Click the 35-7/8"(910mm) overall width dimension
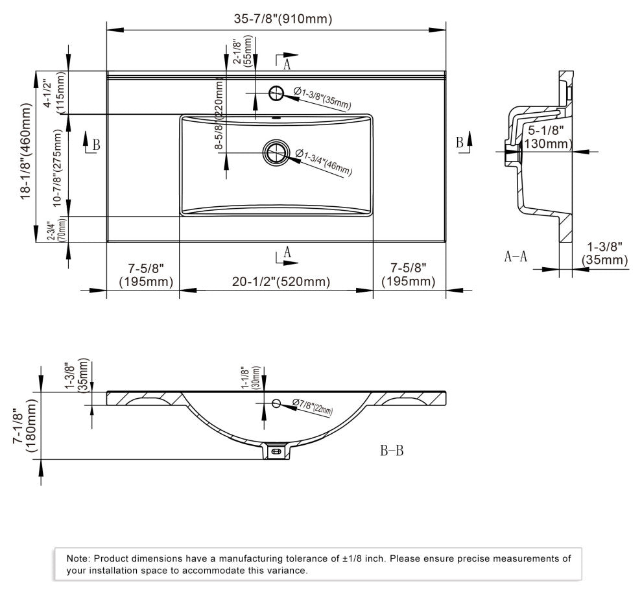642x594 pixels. coord(283,19)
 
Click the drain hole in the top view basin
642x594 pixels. coord(274,152)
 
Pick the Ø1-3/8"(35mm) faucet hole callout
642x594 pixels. coord(322,99)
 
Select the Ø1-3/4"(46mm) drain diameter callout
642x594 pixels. coord(324,161)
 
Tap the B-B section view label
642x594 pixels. coord(391,451)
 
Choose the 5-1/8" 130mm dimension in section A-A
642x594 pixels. coord(545,137)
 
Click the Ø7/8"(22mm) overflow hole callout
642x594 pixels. coord(312,407)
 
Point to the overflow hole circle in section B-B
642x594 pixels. coord(276,404)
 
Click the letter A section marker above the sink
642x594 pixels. coord(286,64)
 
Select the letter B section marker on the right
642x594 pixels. coord(459,142)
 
